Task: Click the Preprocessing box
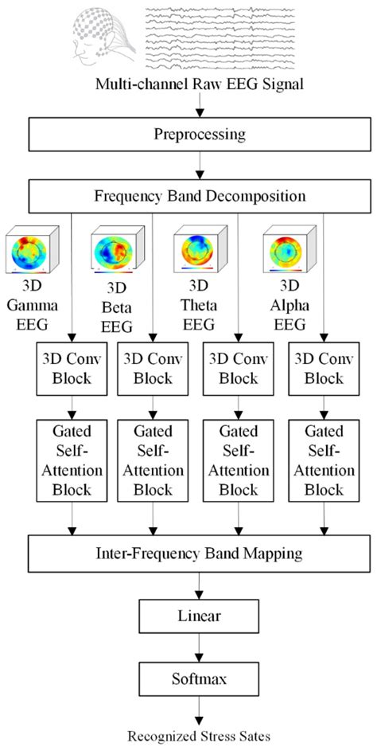[188, 133]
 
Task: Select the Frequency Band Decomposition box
[188, 194]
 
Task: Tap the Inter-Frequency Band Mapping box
[188, 549]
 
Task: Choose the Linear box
[188, 613]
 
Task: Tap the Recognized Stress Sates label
[188, 734]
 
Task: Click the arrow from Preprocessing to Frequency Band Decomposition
[188, 164]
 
